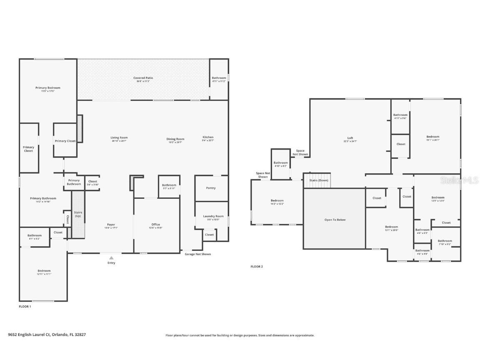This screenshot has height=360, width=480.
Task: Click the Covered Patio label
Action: tap(143, 78)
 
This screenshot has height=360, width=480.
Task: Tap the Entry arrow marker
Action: tap(111, 258)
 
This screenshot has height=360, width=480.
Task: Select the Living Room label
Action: tap(119, 137)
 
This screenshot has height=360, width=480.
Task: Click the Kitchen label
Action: tap(208, 137)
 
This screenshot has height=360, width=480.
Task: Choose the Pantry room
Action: tap(211, 188)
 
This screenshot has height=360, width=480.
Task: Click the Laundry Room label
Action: tap(213, 216)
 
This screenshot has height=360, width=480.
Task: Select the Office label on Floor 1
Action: tap(155, 225)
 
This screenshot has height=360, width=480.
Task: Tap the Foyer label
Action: tap(110, 225)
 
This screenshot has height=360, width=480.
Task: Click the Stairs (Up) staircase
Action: tap(78, 215)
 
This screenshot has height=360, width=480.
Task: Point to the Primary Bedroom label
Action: tap(48, 88)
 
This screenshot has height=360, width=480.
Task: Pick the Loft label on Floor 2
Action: tap(350, 138)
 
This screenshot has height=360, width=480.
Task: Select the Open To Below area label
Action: tap(335, 220)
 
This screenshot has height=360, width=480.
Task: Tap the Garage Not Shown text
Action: tap(198, 254)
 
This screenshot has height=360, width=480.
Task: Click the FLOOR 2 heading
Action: tap(257, 267)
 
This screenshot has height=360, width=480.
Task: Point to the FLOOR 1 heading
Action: tap(25, 306)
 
